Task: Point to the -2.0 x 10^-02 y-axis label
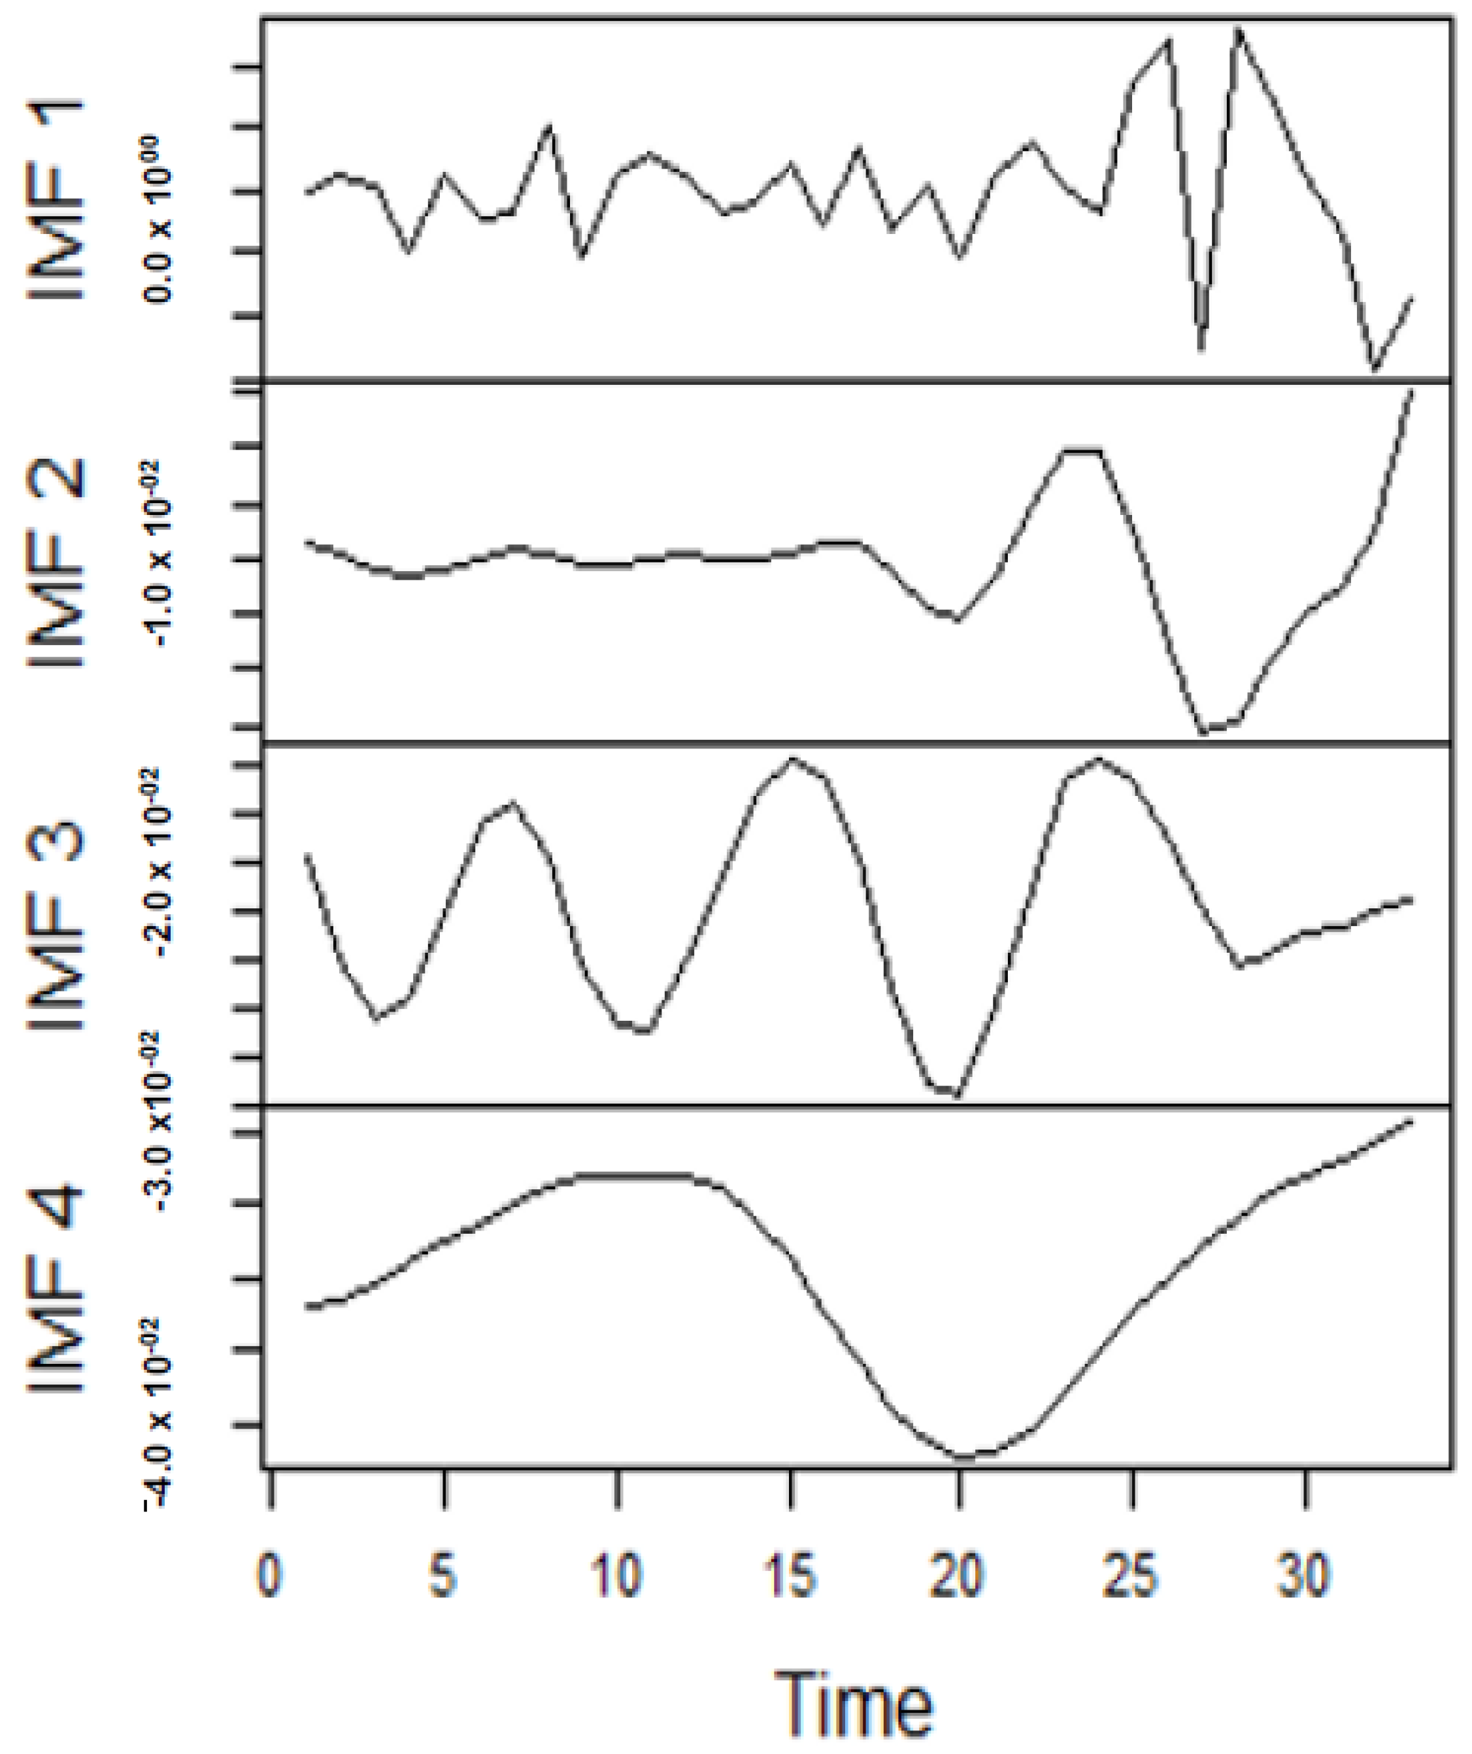(159, 864)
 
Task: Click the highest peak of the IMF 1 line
(1239, 30)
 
